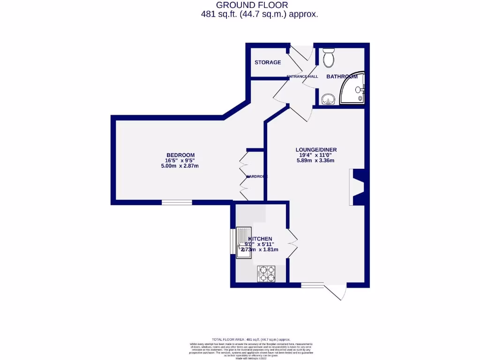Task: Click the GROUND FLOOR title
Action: click(x=255, y=5)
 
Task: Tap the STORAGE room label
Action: click(x=268, y=62)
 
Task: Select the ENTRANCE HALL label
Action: click(x=302, y=76)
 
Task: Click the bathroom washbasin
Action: click(x=328, y=99)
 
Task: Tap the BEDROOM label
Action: click(x=180, y=155)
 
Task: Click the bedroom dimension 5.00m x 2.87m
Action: click(x=180, y=166)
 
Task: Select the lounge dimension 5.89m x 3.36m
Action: click(x=315, y=161)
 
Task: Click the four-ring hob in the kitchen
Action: click(x=266, y=274)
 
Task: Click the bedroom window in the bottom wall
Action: click(x=177, y=202)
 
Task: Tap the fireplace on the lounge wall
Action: click(x=357, y=187)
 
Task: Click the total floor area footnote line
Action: click(x=251, y=339)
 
